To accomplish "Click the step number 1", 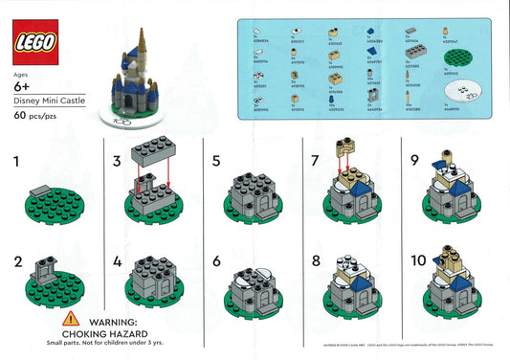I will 15,162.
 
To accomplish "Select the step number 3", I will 116,162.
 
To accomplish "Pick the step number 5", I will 215,162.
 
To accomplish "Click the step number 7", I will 314,162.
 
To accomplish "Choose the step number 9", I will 414,162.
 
